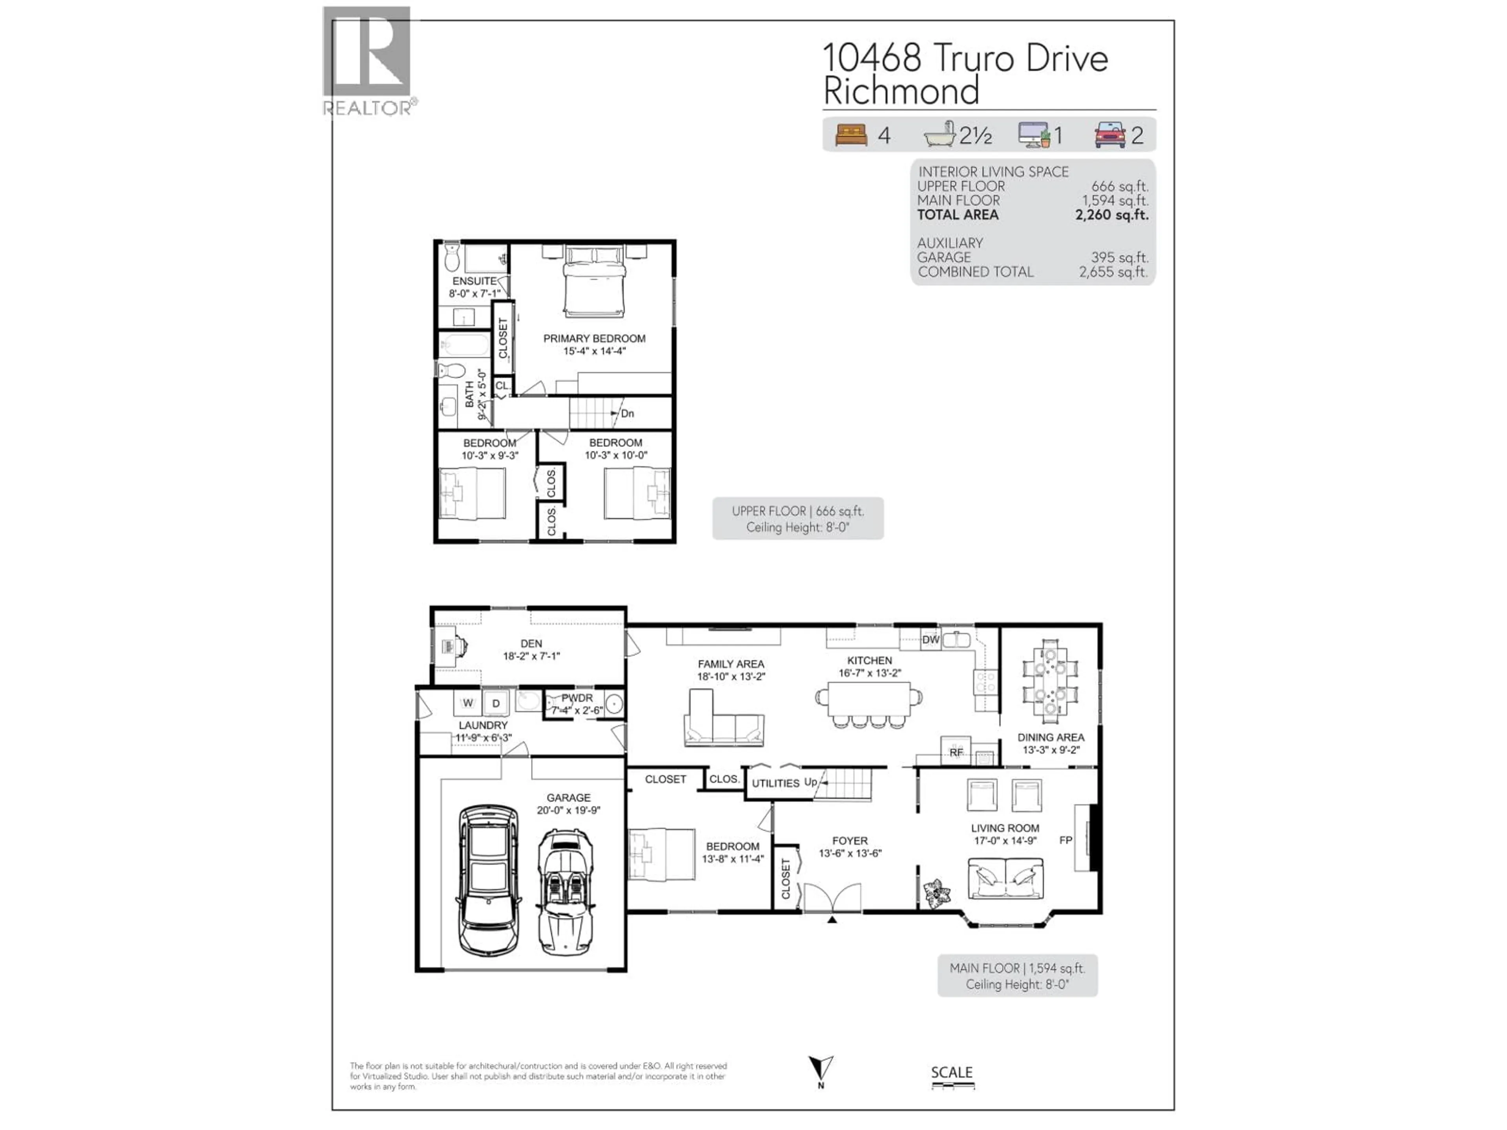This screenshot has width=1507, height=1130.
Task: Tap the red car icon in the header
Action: point(1110,135)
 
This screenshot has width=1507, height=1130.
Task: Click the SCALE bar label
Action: point(952,1072)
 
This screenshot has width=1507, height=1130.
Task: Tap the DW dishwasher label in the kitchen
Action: point(930,640)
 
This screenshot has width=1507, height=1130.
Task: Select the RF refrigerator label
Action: point(956,753)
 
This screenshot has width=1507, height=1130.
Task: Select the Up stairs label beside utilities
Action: point(810,782)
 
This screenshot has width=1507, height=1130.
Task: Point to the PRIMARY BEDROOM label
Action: point(594,339)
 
